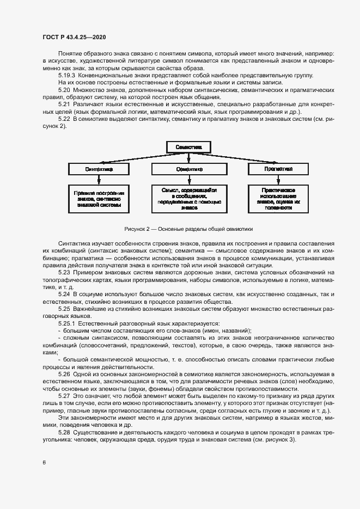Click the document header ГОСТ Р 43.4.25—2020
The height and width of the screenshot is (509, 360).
[74, 36]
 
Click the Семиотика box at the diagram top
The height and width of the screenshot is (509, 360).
[188, 147]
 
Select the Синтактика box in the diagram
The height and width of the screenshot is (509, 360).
[99, 169]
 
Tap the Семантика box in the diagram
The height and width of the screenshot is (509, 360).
[188, 169]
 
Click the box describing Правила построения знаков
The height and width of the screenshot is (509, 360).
[99, 199]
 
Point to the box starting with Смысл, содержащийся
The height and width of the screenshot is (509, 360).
[189, 199]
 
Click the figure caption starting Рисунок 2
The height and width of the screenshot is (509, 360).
[188, 229]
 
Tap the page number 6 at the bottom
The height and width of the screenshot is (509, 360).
[44, 463]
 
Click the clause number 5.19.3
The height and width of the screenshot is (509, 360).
[66, 75]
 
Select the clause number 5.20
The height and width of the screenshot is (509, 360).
[64, 89]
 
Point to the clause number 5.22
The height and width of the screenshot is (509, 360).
[64, 118]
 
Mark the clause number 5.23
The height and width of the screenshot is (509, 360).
[64, 272]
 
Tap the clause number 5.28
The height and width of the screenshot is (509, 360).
[64, 433]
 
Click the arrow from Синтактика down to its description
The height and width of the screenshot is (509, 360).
[99, 180]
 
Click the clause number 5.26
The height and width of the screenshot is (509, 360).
[64, 375]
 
